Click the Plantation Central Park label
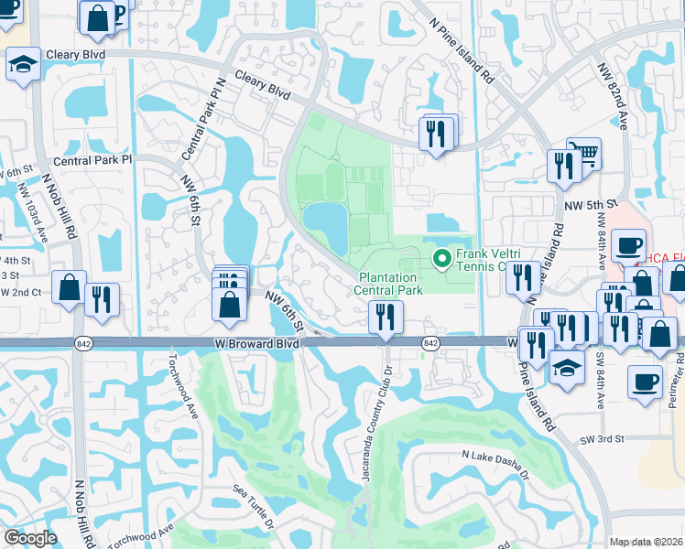390,284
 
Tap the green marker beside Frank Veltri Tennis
443,260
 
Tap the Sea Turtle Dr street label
253,508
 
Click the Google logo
29,538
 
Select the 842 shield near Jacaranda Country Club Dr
429,343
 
